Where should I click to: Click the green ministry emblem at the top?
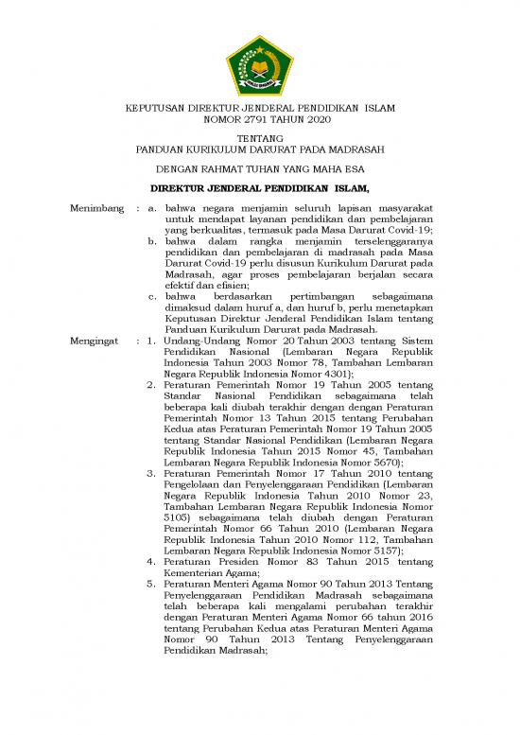(x=259, y=64)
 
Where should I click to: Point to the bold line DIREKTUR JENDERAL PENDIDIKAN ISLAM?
(x=259, y=189)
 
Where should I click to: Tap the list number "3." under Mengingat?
(x=153, y=473)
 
